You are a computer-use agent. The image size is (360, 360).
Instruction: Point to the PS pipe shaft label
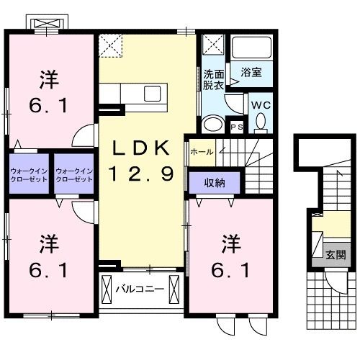237,127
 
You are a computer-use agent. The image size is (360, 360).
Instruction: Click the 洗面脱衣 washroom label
213,79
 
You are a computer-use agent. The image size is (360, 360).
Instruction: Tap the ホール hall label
201,151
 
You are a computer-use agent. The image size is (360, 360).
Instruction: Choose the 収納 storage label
215,183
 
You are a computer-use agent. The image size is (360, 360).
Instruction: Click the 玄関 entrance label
334,255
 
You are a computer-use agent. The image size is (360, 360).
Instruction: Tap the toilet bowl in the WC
260,125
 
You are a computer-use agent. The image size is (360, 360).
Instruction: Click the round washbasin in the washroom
213,125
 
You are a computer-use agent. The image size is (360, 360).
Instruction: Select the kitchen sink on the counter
153,94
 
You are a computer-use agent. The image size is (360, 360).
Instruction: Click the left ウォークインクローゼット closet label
29,174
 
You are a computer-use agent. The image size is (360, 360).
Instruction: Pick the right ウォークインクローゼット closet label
74,174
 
